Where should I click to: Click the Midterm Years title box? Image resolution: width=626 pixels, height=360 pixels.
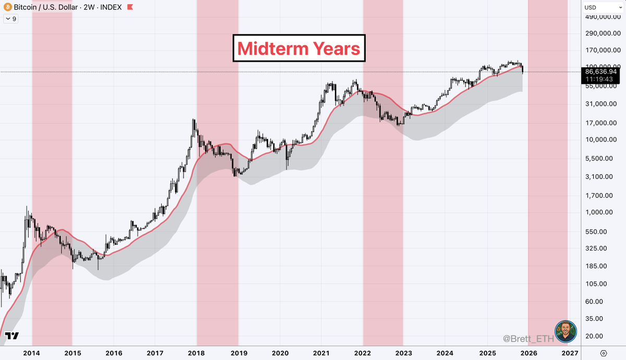click(x=299, y=49)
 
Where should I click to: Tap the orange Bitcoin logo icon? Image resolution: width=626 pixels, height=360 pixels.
click(x=7, y=8)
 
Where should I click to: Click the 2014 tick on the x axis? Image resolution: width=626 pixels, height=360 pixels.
click(x=32, y=353)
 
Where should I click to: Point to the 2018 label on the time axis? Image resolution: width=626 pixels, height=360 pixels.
click(x=197, y=353)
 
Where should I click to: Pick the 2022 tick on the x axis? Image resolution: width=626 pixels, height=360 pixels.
click(x=363, y=353)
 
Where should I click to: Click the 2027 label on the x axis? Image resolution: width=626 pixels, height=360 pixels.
click(x=569, y=353)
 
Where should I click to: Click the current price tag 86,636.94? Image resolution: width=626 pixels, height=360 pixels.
click(x=601, y=71)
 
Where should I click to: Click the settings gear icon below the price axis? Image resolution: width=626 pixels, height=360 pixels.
click(x=604, y=353)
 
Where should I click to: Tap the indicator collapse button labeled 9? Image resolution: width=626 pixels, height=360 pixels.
click(x=10, y=19)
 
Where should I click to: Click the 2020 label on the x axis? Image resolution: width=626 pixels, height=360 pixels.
click(x=280, y=353)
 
